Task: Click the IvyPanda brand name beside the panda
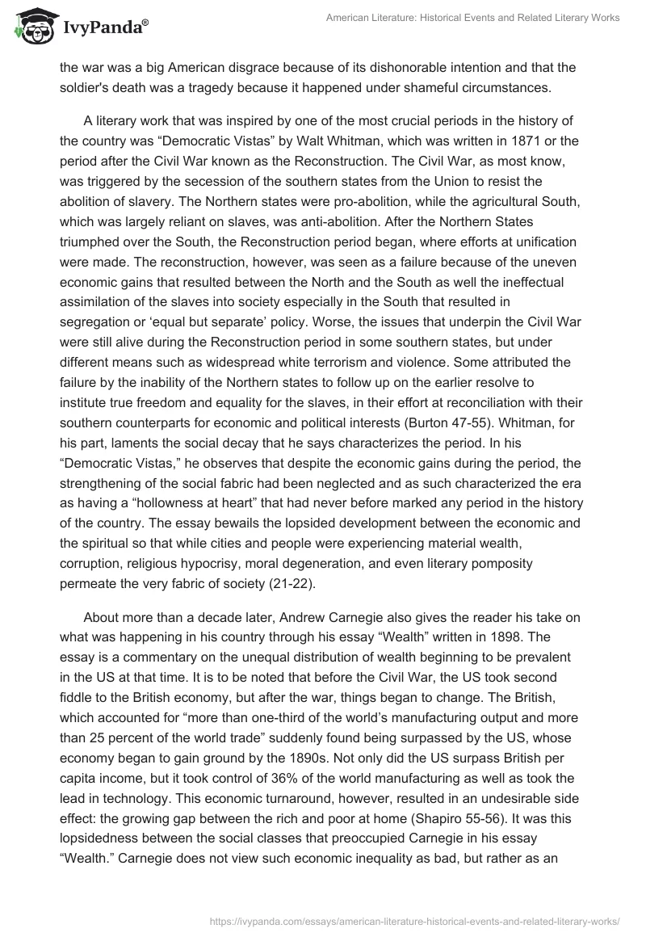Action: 98,27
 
